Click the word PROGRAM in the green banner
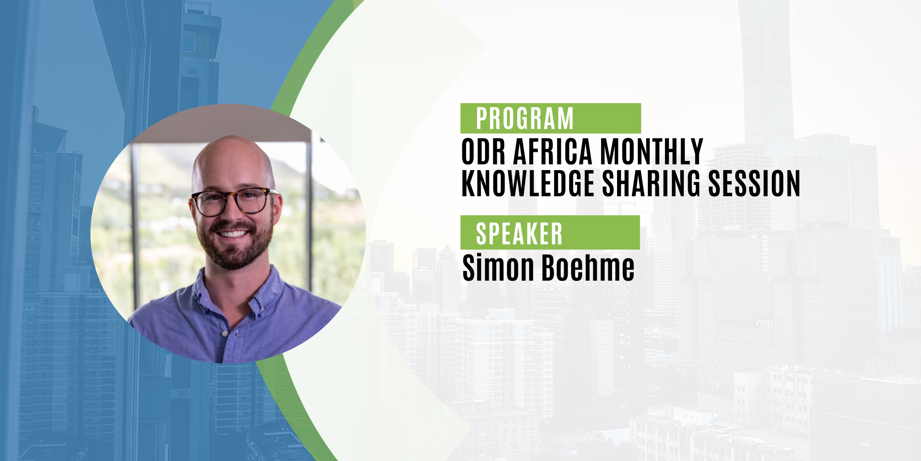click(x=525, y=118)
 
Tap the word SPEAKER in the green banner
click(x=519, y=234)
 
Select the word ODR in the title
click(x=484, y=151)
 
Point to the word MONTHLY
click(x=652, y=151)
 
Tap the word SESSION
click(x=754, y=183)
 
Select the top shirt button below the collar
click(x=225, y=333)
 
